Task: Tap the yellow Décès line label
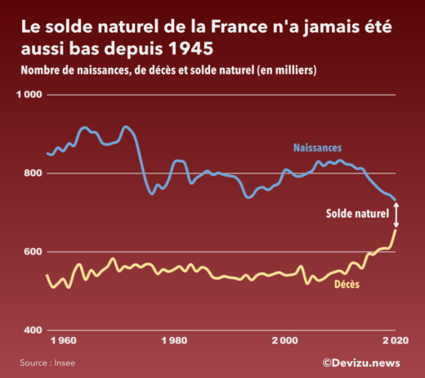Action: tap(348, 285)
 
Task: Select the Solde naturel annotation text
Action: tap(357, 214)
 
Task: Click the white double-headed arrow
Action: tap(396, 214)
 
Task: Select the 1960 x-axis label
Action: tap(63, 340)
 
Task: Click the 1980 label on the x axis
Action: tap(174, 340)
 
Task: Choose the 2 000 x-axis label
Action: tap(284, 340)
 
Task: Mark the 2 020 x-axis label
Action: tap(395, 340)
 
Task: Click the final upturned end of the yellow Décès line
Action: tap(396, 231)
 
